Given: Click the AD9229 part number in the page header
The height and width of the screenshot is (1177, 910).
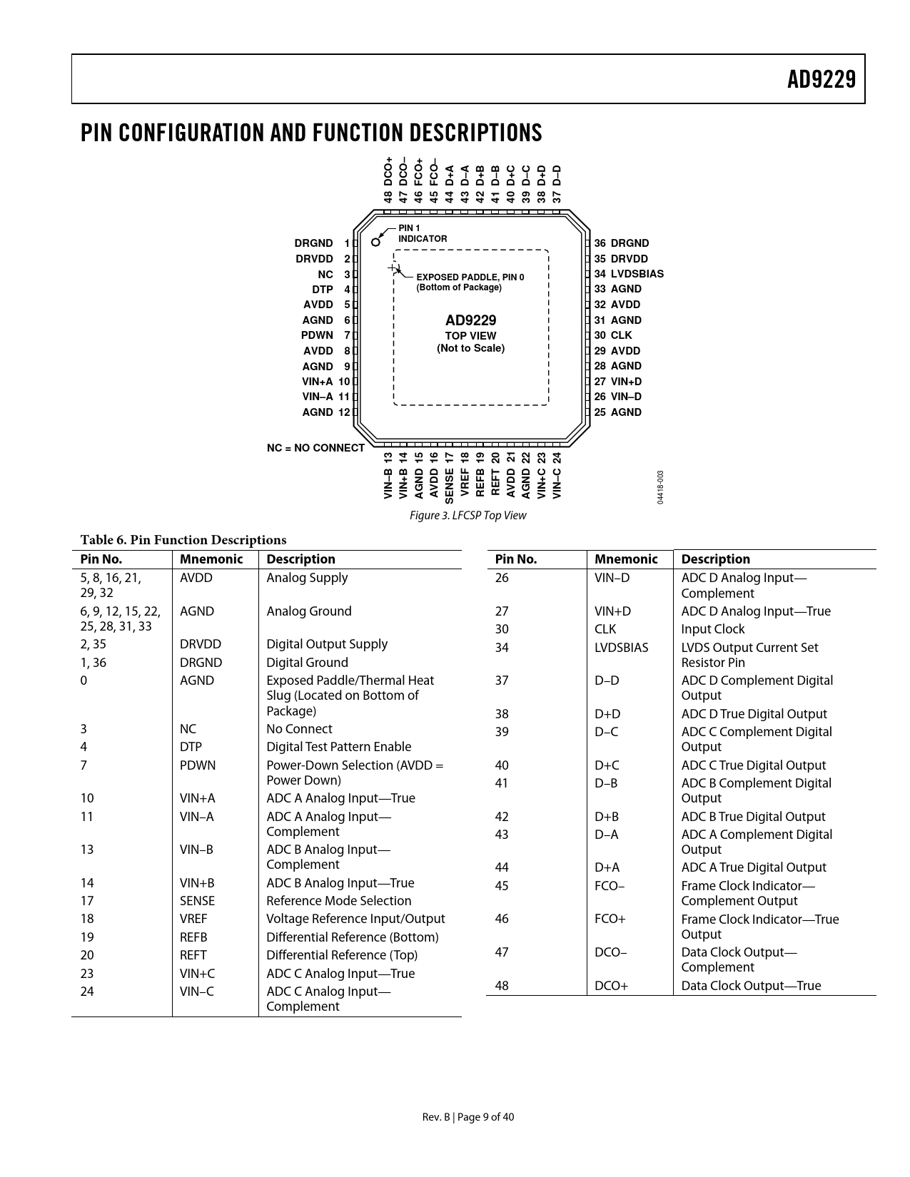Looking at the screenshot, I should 821,79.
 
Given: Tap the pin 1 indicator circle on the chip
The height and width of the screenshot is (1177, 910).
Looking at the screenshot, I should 376,241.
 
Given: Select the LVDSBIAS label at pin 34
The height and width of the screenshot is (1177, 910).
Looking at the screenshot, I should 637,274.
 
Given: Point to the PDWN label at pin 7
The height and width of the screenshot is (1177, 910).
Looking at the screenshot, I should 317,335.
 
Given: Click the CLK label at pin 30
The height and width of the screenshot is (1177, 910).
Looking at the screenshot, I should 621,335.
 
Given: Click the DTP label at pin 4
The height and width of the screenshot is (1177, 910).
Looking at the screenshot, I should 322,290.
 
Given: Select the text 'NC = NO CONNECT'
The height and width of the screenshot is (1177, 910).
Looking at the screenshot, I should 315,448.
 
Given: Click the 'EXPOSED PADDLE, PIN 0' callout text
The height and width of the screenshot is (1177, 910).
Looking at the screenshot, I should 470,277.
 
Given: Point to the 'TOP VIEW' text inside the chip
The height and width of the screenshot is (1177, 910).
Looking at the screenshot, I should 470,336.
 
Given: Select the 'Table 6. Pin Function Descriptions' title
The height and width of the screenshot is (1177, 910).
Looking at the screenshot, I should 183,540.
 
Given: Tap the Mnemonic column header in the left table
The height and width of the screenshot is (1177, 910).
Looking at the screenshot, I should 211,559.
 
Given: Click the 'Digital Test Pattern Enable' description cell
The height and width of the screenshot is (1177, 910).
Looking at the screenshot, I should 338,747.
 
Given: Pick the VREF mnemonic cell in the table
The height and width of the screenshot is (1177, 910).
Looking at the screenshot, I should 193,919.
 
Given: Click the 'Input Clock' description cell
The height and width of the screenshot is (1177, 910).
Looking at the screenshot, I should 712,629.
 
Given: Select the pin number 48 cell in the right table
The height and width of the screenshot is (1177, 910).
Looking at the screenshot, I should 502,986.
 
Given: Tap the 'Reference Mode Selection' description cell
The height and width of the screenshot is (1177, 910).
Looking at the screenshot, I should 338,901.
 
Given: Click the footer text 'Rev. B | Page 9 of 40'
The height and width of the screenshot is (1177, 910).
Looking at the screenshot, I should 467,1117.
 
